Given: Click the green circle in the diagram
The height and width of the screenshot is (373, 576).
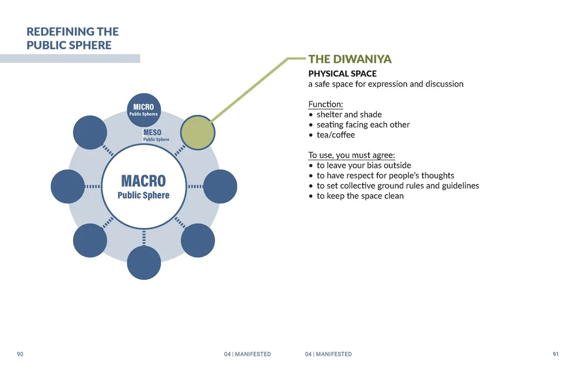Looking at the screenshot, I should (x=198, y=133).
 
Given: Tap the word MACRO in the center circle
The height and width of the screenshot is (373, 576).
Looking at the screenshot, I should (x=143, y=182).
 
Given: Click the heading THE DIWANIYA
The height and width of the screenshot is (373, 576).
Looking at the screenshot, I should (x=350, y=59).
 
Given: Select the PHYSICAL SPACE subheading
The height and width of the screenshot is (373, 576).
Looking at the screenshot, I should (x=342, y=74).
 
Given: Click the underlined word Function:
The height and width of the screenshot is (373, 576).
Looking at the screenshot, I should (x=325, y=104).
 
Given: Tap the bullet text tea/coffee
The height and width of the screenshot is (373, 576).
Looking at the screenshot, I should (x=336, y=135).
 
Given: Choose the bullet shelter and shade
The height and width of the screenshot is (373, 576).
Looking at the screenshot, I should (x=349, y=115).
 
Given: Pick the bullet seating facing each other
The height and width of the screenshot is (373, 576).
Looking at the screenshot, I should (x=363, y=125).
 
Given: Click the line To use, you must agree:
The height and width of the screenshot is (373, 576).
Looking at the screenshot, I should (x=351, y=155).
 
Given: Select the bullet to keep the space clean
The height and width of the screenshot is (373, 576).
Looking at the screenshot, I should (x=360, y=196).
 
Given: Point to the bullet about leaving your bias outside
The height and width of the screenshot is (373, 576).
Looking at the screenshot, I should (x=363, y=165).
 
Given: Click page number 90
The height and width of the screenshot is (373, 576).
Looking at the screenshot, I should (x=20, y=354).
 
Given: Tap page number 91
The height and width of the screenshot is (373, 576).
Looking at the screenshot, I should (x=555, y=354).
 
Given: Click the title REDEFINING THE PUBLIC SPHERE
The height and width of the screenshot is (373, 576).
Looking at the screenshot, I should (x=73, y=38).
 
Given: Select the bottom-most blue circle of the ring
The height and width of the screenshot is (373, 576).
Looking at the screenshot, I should (x=143, y=263).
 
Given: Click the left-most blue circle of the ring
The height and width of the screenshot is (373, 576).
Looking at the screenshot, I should (x=68, y=187).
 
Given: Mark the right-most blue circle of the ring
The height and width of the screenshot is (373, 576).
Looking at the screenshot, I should (x=220, y=187).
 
